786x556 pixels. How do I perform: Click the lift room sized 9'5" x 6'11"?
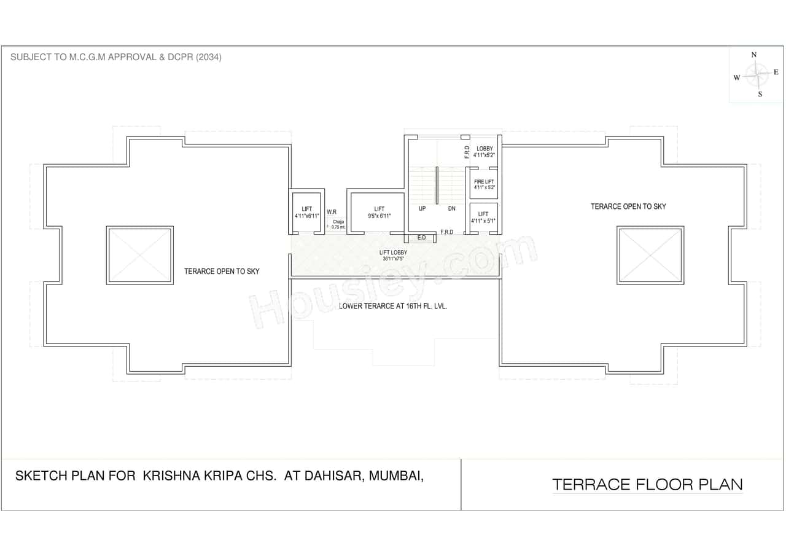tap(378, 212)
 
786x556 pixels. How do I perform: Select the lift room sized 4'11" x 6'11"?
tap(307, 213)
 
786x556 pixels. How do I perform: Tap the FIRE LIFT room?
tap(484, 184)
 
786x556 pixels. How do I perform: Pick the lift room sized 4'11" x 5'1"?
tap(483, 217)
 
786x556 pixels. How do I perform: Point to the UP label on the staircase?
tap(422, 209)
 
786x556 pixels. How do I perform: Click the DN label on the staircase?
tap(451, 209)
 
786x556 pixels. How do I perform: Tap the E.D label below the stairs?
tap(421, 237)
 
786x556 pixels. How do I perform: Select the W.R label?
tap(331, 212)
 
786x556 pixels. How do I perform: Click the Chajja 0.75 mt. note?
tap(338, 224)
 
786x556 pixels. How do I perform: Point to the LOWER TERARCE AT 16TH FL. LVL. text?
tap(393, 305)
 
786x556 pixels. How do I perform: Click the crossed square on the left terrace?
tap(140, 255)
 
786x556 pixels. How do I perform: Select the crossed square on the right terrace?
tap(650, 256)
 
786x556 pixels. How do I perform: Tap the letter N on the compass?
tap(754, 55)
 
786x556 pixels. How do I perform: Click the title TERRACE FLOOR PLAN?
tap(647, 484)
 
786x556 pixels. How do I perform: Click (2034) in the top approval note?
tap(208, 57)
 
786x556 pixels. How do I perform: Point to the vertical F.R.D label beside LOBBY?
tap(467, 152)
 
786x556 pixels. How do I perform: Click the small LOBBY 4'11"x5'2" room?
tap(484, 152)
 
